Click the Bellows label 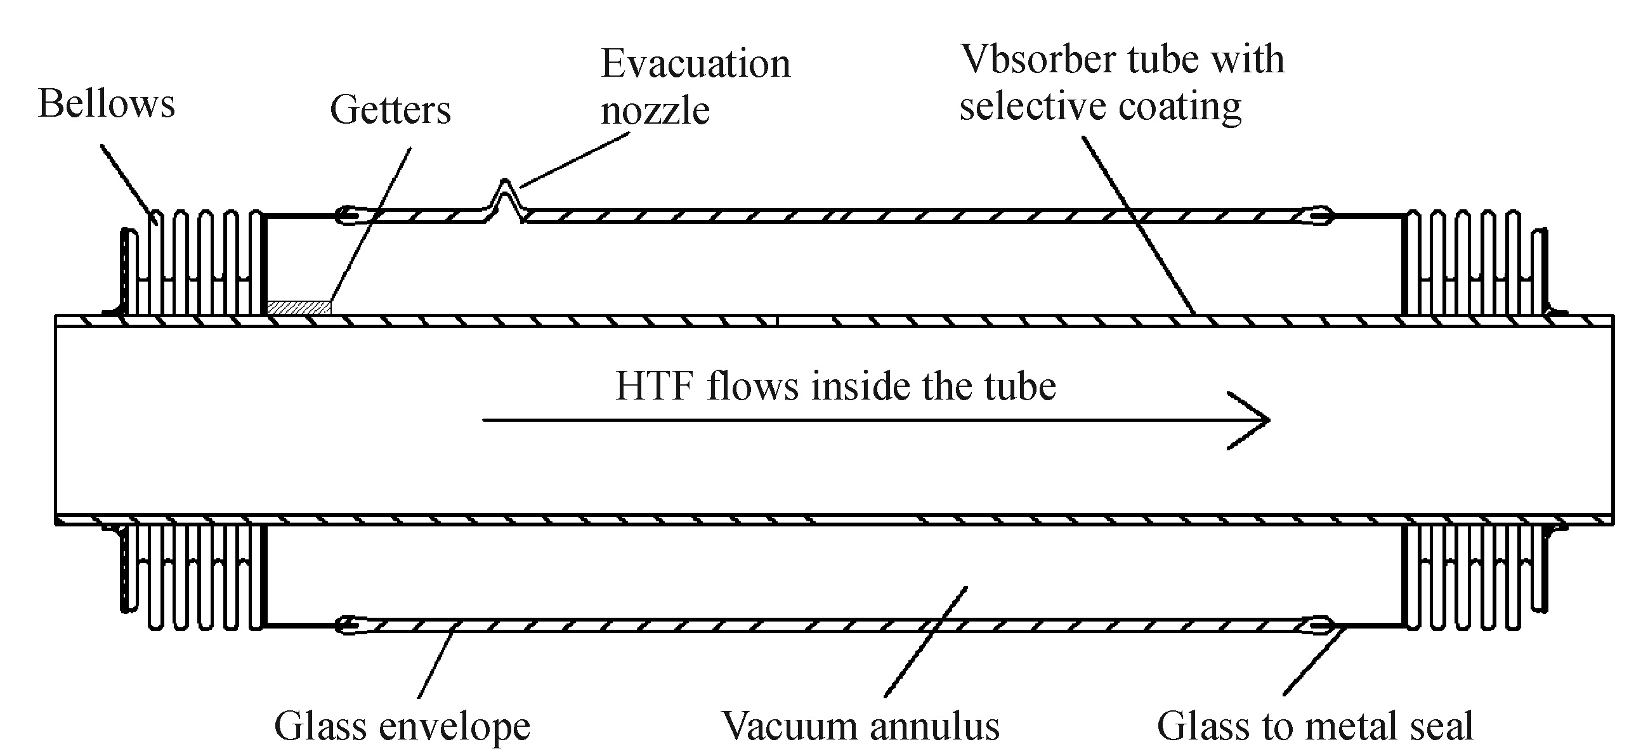pos(106,103)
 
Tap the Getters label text pos(390,110)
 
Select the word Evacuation pos(695,64)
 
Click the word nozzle pos(655,110)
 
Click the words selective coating pos(1100,106)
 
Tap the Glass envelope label pos(402,727)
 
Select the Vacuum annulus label pos(860,727)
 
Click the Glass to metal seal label pos(1315,727)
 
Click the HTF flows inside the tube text pos(835,386)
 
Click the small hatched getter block pos(299,308)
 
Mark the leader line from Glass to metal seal pos(1315,662)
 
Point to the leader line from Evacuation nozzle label pos(576,160)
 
